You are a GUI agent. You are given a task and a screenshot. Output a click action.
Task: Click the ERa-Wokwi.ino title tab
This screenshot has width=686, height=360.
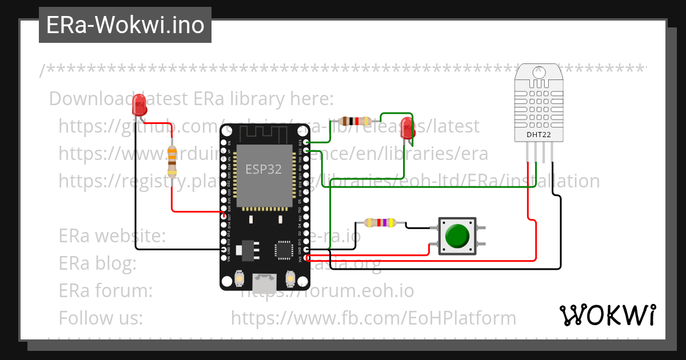(x=125, y=26)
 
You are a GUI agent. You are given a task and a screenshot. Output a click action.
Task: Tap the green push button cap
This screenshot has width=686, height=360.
(x=457, y=235)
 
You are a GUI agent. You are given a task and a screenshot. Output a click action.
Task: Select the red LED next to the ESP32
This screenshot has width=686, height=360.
(x=406, y=127)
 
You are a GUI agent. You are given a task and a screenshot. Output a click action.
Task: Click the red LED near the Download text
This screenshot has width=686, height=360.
(x=139, y=105)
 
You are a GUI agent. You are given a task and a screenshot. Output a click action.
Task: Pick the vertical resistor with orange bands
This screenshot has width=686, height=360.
(x=172, y=161)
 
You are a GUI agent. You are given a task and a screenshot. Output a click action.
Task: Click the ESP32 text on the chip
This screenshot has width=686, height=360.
(x=264, y=169)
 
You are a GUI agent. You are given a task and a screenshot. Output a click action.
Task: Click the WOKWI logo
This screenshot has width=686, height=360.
(x=607, y=315)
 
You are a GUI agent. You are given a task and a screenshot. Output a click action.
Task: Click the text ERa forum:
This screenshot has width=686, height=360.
(x=105, y=291)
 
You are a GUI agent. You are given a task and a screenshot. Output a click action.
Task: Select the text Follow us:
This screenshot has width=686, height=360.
(x=101, y=318)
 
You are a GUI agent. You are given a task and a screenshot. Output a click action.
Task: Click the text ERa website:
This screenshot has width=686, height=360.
(x=112, y=235)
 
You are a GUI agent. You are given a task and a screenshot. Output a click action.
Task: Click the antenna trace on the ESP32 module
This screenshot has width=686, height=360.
(x=264, y=134)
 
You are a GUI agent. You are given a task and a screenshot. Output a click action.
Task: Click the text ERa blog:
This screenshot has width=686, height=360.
(x=97, y=263)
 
